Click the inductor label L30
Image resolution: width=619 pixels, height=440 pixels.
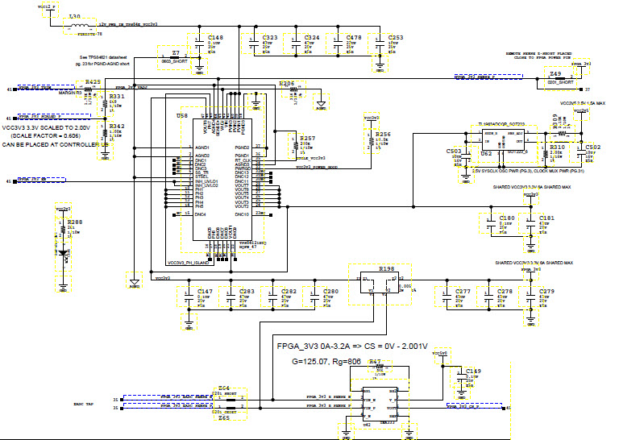pyautogui.click(x=74, y=16)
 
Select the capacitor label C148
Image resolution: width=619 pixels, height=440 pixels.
pyautogui.click(x=215, y=38)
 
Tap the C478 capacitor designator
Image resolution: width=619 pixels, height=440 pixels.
pyautogui.click(x=354, y=38)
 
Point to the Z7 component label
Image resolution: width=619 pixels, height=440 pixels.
pyautogui.click(x=176, y=53)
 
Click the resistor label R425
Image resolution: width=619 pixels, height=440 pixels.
pyautogui.click(x=93, y=82)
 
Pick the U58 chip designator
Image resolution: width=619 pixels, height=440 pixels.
pyautogui.click(x=182, y=116)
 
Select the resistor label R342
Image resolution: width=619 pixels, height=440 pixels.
pyautogui.click(x=117, y=127)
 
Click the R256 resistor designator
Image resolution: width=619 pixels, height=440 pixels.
pyautogui.click(x=383, y=135)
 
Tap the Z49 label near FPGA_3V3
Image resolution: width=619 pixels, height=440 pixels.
pyautogui.click(x=555, y=73)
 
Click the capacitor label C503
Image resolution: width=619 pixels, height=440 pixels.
pyautogui.click(x=454, y=151)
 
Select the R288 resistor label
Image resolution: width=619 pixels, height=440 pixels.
pyautogui.click(x=74, y=221)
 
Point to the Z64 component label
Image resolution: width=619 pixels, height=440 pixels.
pyautogui.click(x=225, y=388)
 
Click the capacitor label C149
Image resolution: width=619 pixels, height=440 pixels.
pyautogui.click(x=474, y=372)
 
